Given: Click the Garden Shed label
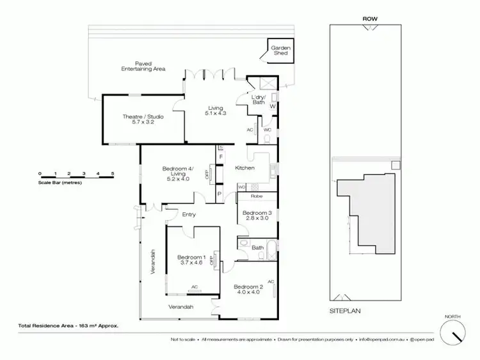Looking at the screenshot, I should pos(280,51).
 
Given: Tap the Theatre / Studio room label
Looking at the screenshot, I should pos(140,120).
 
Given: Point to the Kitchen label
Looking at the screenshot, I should pos(245,168).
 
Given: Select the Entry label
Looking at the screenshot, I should pos(189,214).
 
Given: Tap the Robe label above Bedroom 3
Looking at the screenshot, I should pos(257,196).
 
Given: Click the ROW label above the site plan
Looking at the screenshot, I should pos(369,19).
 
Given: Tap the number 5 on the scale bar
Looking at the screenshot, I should pos(113,173).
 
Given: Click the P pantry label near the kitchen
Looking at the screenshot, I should pos(220,194).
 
